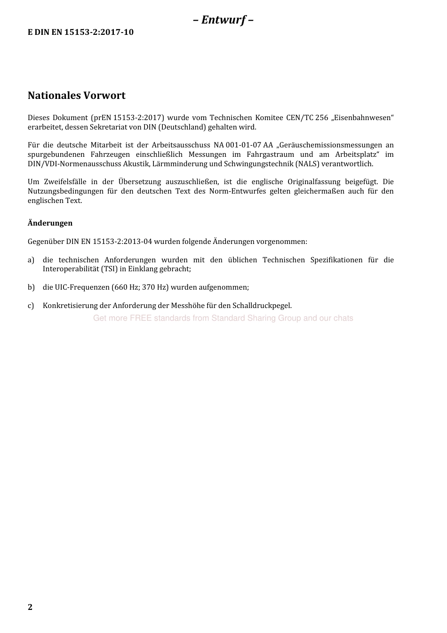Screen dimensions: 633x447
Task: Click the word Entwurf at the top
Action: tap(223, 20)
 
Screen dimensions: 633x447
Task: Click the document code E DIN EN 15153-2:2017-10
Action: tap(80, 32)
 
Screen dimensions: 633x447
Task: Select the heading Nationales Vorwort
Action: tap(77, 95)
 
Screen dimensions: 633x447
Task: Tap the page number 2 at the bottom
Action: tap(30, 607)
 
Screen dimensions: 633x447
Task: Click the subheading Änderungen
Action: tap(50, 223)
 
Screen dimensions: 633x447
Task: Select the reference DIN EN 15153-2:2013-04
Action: tap(109, 242)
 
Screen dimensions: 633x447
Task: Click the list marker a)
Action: tap(31, 260)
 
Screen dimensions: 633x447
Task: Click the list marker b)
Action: tap(31, 287)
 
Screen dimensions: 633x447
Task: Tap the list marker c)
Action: tap(31, 306)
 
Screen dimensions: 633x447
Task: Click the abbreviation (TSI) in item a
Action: tap(110, 269)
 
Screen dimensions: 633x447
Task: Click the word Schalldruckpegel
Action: tap(262, 306)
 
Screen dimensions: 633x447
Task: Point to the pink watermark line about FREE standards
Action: tap(223, 318)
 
